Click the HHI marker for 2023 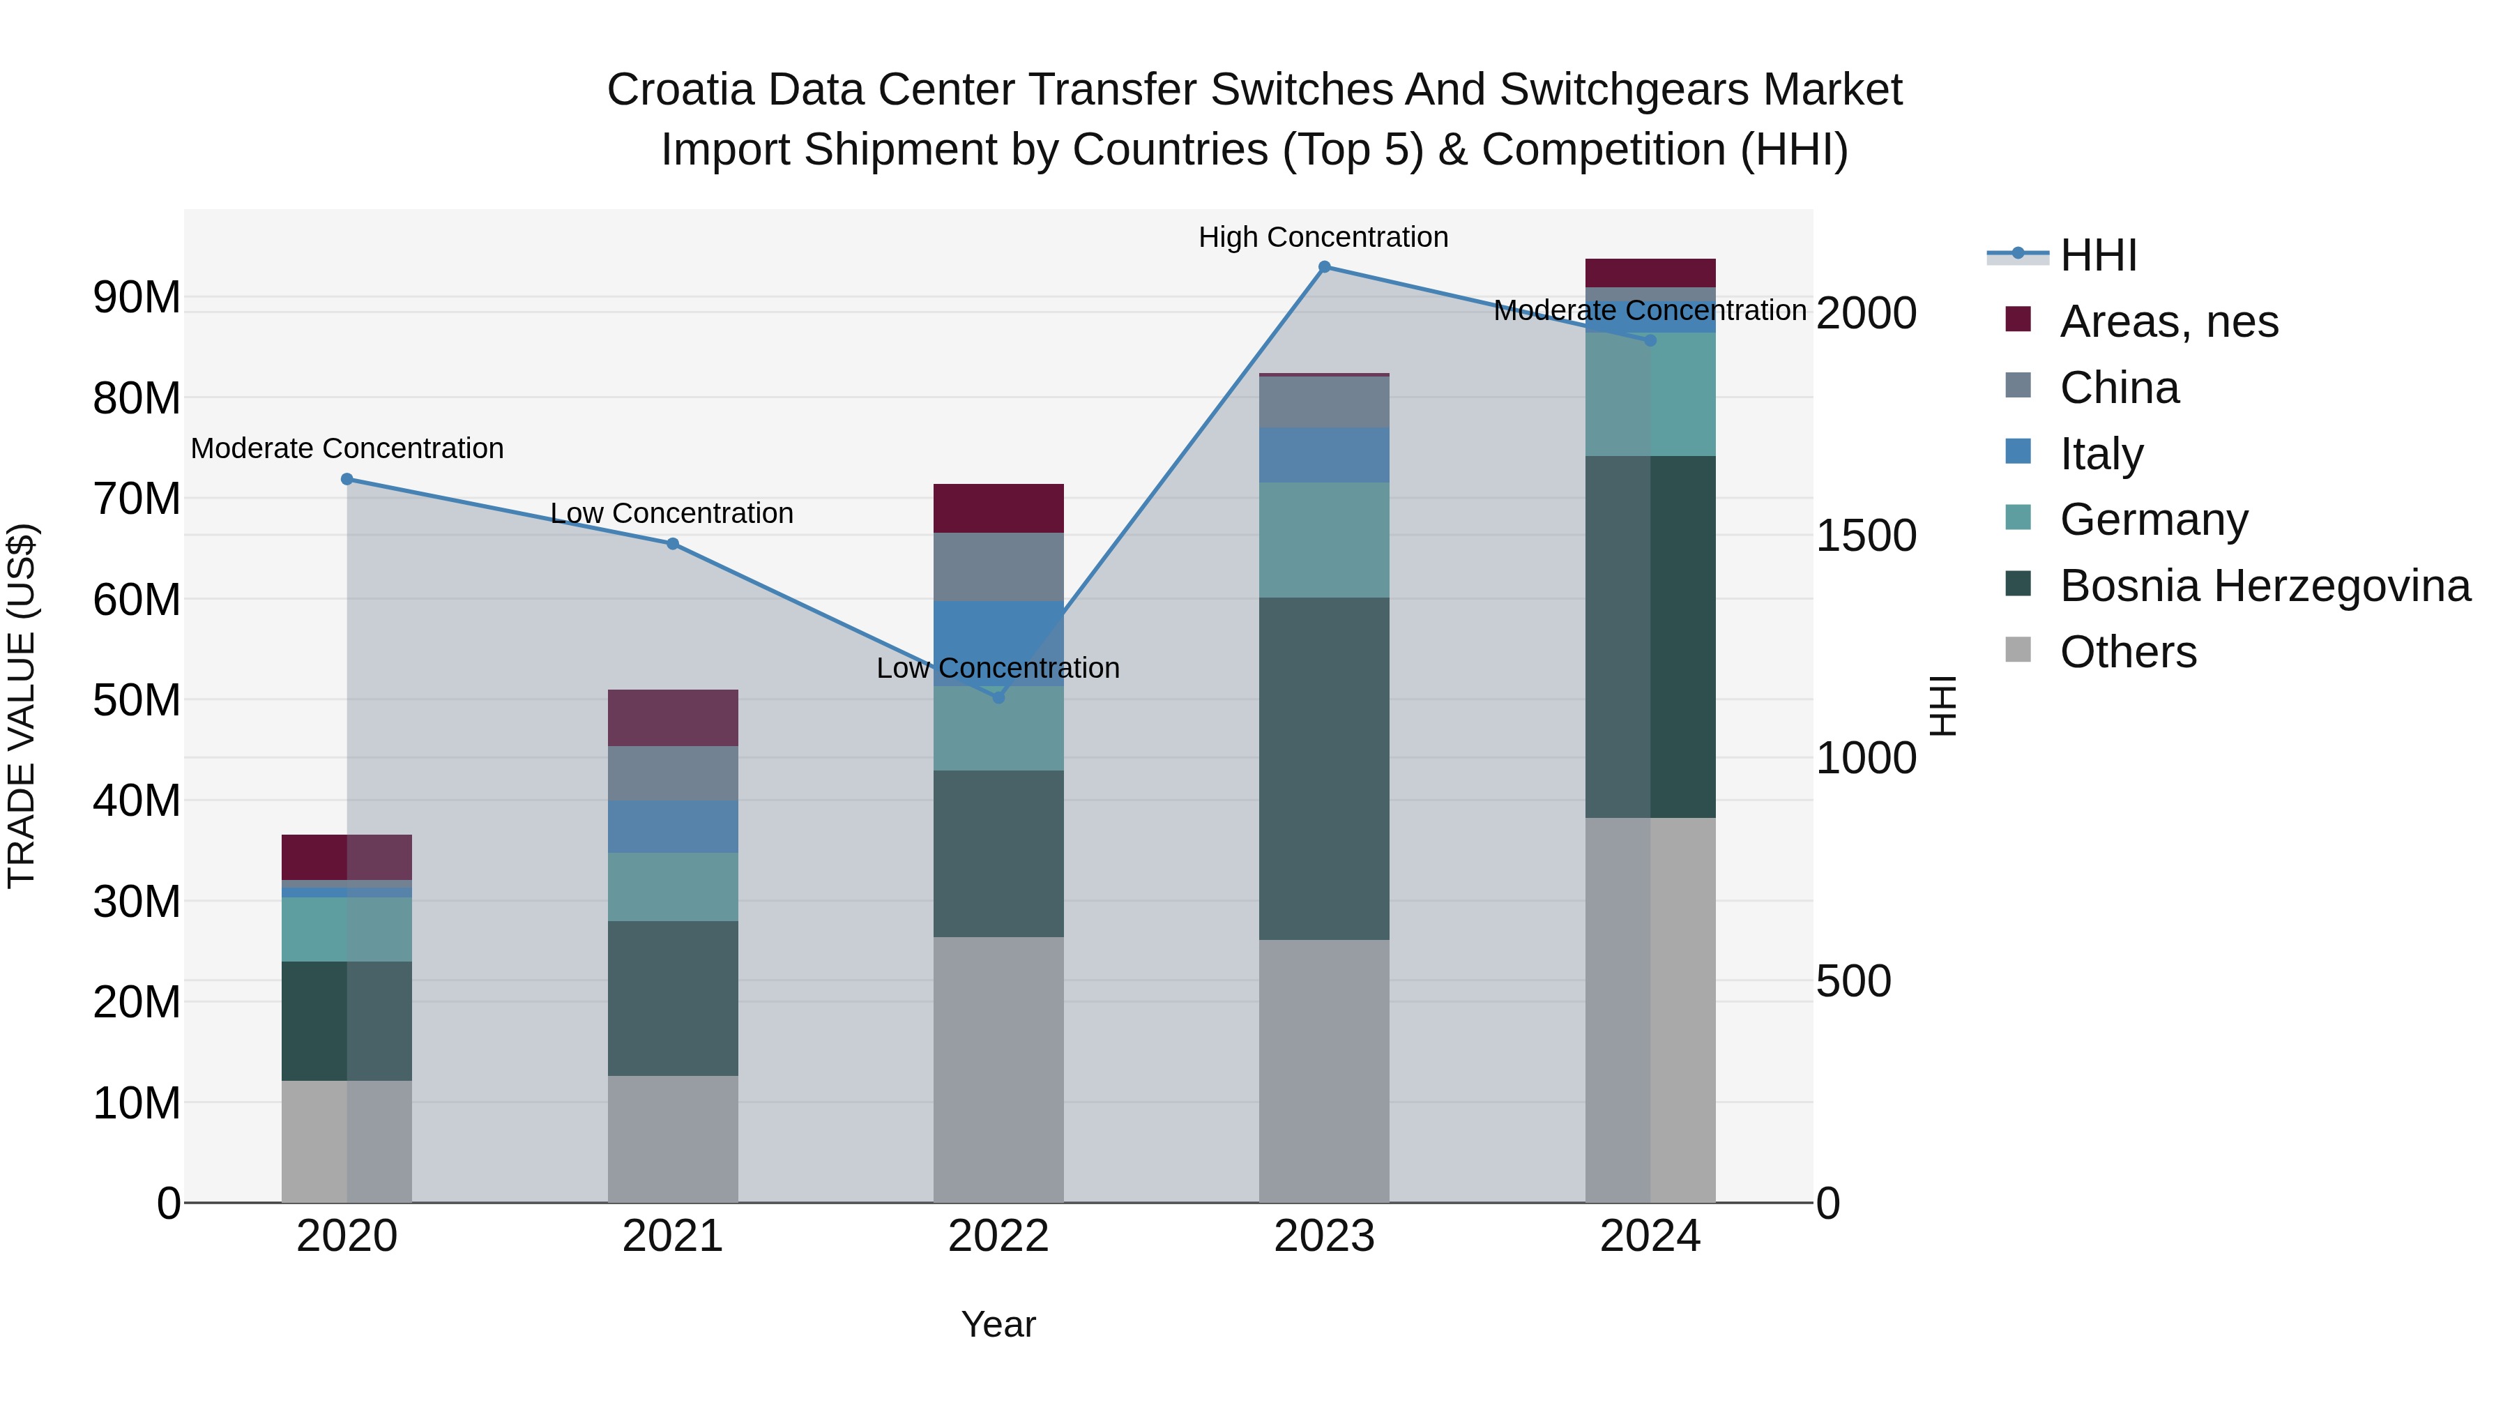(1324, 267)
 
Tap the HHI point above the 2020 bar (347, 480)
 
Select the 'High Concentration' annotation (1323, 238)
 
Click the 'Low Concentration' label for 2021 (671, 513)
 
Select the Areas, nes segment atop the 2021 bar (672, 718)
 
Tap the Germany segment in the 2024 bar (1650, 395)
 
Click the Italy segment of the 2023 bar (1324, 455)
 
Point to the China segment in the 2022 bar (998, 567)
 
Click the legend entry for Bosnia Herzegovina (2265, 586)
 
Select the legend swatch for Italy (2018, 452)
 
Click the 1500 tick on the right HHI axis (1866, 536)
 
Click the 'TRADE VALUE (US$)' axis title (22, 706)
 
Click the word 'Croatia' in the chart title (681, 91)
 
